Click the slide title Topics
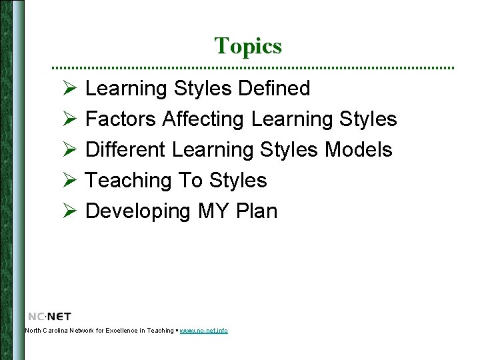248,46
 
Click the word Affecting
204,119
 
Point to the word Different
126,150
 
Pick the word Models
359,150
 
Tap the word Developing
139,211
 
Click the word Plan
257,211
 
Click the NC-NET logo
49,316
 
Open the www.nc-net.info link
203,331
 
